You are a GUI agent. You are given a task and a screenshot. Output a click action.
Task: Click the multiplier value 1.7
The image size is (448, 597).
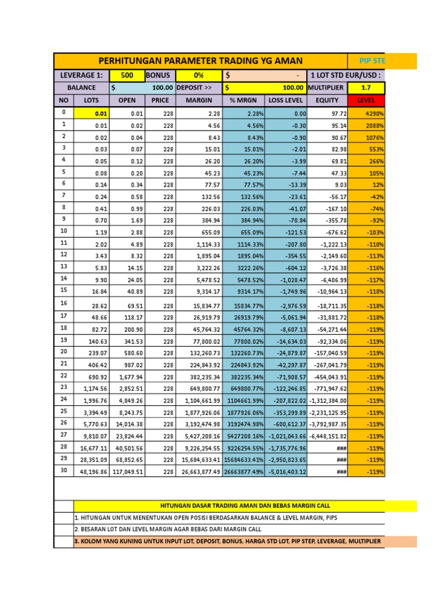(366, 87)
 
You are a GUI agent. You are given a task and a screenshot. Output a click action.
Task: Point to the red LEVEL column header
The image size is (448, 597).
(366, 100)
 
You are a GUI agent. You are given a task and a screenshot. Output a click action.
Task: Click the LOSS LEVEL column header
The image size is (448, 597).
(286, 100)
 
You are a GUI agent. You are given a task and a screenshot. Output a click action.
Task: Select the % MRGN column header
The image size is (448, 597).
(243, 100)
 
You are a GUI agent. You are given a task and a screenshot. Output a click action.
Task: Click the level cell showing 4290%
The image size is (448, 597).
(366, 114)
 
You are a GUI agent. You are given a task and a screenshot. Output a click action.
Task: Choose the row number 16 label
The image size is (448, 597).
(64, 303)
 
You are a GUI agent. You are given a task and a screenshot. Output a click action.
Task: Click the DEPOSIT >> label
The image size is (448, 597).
(194, 87)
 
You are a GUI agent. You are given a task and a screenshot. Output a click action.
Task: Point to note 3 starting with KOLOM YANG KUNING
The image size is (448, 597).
(228, 542)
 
